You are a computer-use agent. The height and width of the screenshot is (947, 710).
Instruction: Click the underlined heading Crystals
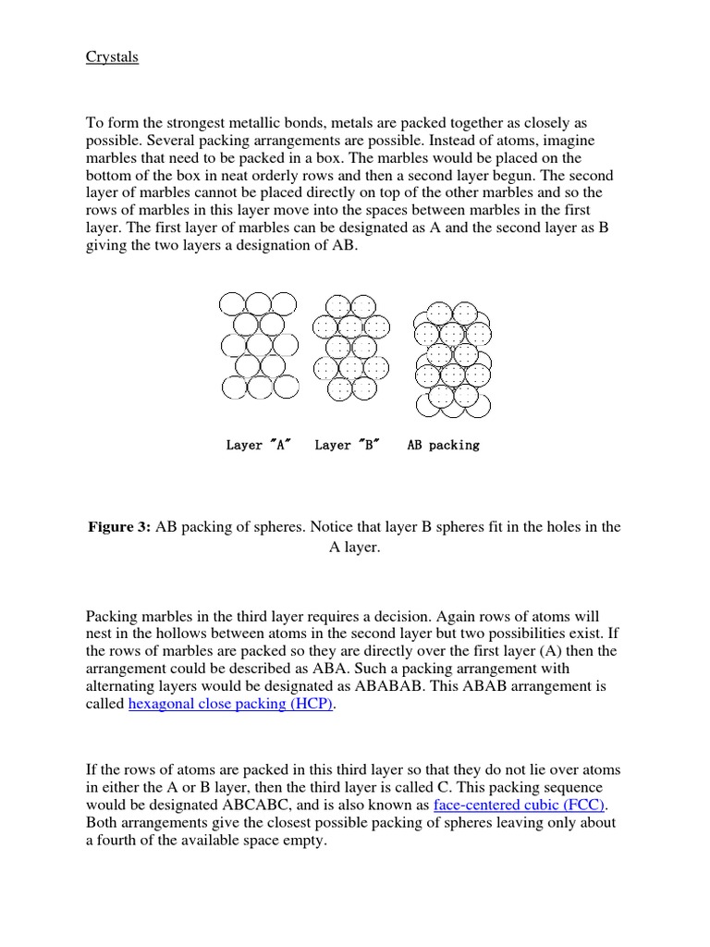[x=112, y=57]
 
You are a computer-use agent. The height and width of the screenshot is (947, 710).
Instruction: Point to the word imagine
[x=565, y=141]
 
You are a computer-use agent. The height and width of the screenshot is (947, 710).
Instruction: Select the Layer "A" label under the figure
[x=258, y=445]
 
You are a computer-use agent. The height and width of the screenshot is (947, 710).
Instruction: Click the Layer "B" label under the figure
[x=346, y=445]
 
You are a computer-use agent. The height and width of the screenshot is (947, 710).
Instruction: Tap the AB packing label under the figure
[x=443, y=445]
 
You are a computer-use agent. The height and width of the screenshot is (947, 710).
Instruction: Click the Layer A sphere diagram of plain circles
[x=259, y=345]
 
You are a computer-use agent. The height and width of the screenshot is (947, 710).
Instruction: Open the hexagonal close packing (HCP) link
[x=230, y=704]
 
